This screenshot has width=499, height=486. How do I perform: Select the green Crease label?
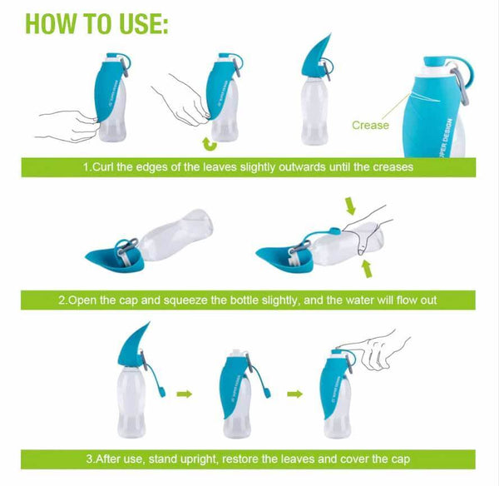point(370,126)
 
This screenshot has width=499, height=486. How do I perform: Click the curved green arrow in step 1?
point(212,142)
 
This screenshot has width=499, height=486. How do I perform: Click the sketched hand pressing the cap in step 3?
point(383,341)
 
